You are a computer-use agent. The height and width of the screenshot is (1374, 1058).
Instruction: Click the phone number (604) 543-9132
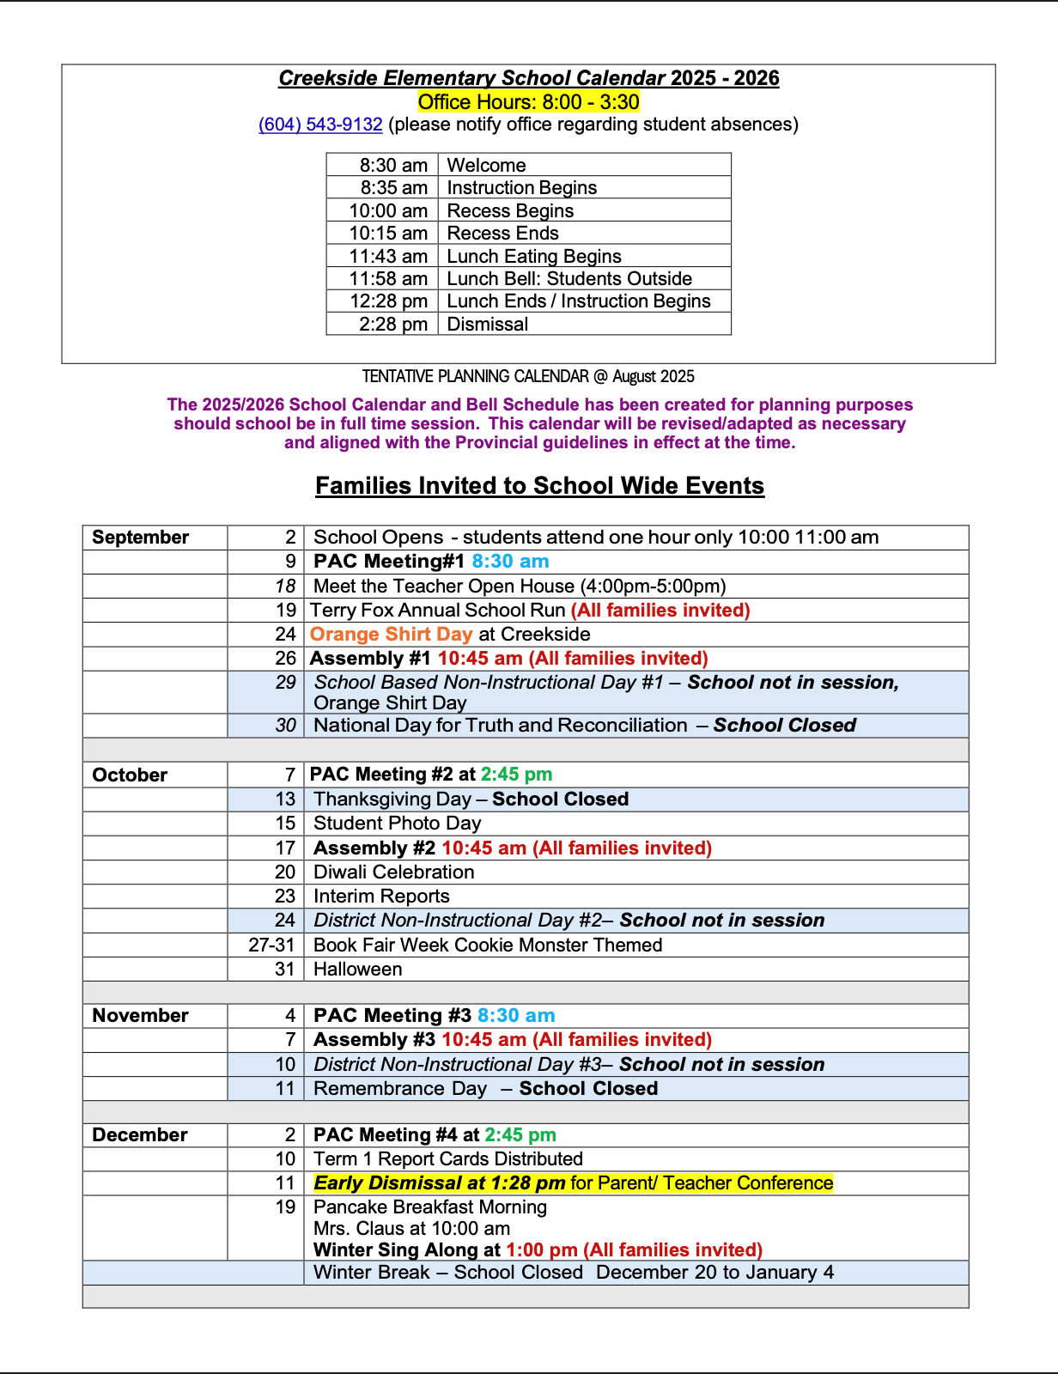click(x=320, y=125)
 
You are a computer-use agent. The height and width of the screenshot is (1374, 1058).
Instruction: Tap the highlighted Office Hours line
click(x=528, y=102)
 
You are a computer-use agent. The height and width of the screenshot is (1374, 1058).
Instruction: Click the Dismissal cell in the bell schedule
click(x=488, y=325)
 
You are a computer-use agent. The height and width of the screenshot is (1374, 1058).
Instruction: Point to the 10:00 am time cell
click(x=388, y=211)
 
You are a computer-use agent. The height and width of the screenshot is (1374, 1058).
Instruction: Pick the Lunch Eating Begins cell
click(x=534, y=257)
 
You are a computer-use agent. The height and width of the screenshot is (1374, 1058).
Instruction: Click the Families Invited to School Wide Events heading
click(x=539, y=486)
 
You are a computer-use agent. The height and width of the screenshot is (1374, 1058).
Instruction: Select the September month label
click(x=140, y=538)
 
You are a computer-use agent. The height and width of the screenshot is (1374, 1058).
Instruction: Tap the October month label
click(x=130, y=775)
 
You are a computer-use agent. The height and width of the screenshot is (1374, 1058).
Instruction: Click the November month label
click(x=140, y=1016)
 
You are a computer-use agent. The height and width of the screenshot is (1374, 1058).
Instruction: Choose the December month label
click(x=139, y=1135)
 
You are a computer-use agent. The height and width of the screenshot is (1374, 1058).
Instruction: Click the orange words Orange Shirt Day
click(x=391, y=635)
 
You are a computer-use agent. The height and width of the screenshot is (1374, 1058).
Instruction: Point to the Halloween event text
click(x=357, y=970)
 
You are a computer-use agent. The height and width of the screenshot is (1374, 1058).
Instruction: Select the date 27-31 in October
click(x=271, y=945)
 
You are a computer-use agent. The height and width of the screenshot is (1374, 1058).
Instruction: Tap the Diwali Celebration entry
click(x=393, y=872)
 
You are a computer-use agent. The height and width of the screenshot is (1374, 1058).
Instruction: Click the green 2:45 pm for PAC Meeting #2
click(x=516, y=775)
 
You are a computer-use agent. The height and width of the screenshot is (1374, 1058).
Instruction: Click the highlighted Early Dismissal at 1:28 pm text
click(x=439, y=1183)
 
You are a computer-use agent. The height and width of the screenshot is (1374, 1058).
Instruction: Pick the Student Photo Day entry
click(x=397, y=824)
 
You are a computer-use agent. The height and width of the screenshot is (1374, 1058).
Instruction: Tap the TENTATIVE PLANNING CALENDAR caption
click(x=528, y=377)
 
